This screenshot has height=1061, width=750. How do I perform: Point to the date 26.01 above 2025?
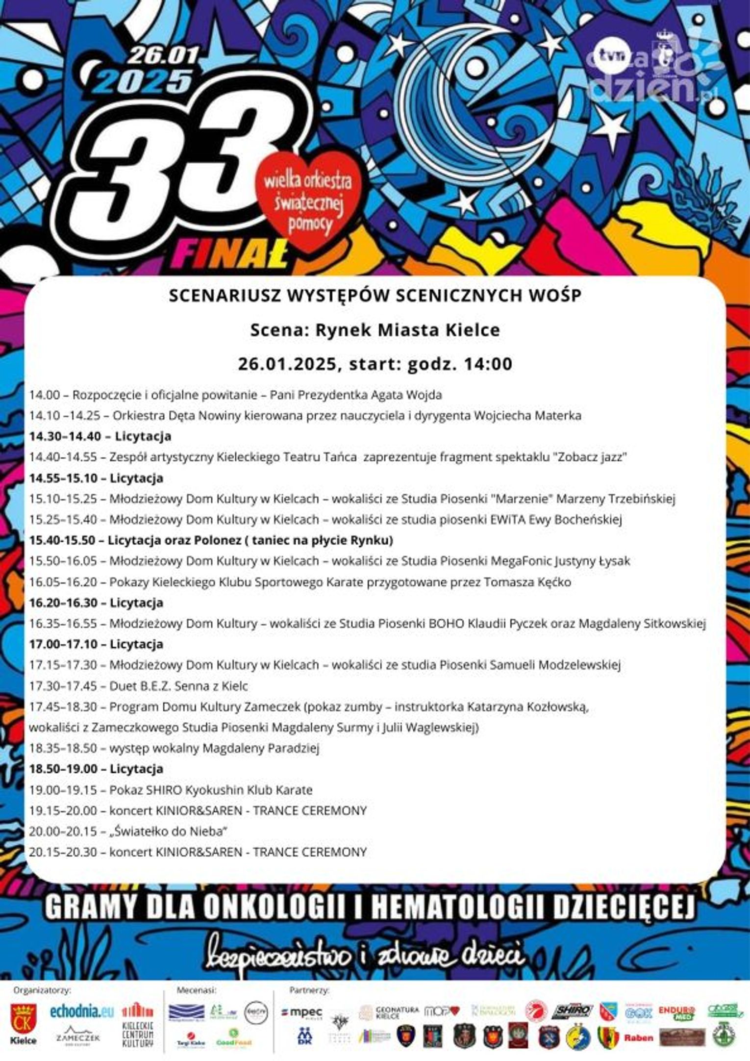click(164, 56)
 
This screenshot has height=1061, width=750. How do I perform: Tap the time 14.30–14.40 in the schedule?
click(65, 436)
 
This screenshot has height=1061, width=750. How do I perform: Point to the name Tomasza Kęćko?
click(527, 582)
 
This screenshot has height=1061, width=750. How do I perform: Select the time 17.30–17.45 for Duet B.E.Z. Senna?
click(63, 686)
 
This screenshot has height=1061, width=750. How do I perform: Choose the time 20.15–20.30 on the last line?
click(63, 852)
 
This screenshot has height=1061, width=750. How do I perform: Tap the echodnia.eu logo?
click(82, 1011)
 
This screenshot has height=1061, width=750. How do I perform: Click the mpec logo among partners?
click(301, 1012)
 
